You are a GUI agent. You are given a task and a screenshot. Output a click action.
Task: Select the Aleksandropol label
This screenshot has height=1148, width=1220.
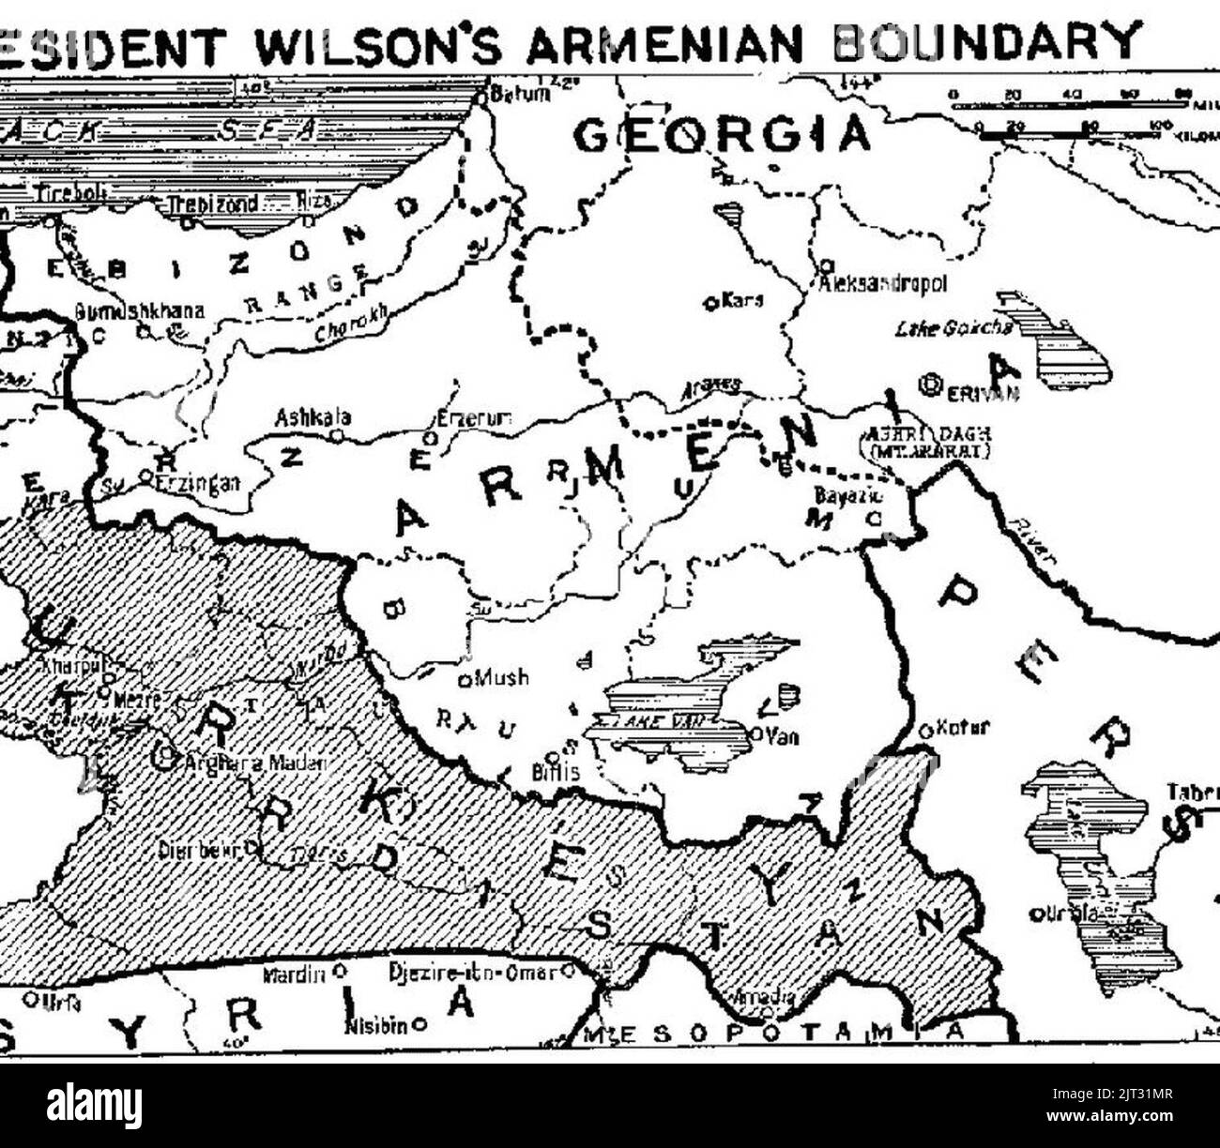(883, 282)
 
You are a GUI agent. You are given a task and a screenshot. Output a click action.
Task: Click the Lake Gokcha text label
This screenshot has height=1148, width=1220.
(954, 328)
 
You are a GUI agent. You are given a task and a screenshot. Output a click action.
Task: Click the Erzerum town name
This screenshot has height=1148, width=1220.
(475, 420)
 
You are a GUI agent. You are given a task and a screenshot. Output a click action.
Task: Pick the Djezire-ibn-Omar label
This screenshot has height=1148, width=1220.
(473, 974)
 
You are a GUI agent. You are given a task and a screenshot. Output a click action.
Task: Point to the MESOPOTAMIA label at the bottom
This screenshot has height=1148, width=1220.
(774, 1033)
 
